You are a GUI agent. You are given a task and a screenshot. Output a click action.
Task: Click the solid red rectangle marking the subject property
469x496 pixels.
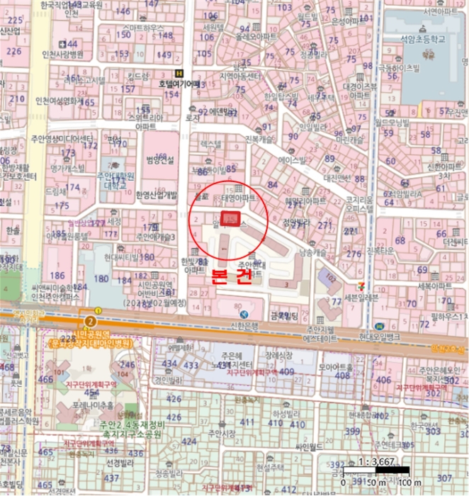231,219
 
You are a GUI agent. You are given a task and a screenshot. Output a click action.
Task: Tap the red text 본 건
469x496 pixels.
232,277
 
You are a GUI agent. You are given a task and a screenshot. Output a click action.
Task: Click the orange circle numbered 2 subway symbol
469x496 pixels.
89,320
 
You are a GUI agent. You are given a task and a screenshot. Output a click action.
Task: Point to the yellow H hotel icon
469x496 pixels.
179,73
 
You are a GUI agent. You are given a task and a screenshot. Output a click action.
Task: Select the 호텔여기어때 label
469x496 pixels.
179,84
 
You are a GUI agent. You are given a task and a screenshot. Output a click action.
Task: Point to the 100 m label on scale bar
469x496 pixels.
405,483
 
